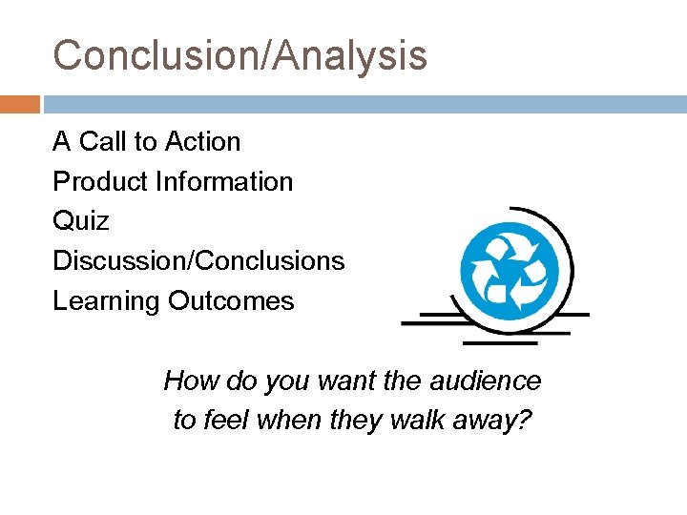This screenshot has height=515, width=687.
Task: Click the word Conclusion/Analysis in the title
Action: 239,55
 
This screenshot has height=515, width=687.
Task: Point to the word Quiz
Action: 81,221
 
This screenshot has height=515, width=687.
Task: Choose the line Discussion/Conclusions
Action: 198,260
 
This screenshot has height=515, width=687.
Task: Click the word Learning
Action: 107,301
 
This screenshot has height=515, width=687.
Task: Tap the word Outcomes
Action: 232,301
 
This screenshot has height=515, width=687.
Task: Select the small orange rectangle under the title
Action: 20,104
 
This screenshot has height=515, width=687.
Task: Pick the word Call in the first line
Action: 105,142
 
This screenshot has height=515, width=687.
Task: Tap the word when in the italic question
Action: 281,420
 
